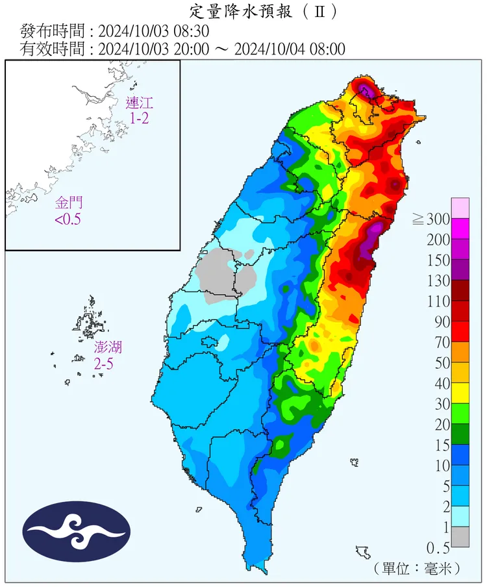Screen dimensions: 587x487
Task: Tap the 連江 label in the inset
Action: pyautogui.click(x=138, y=103)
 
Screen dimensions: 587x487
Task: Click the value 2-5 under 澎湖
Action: pyautogui.click(x=103, y=364)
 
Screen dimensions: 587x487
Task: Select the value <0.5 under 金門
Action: pyautogui.click(x=68, y=220)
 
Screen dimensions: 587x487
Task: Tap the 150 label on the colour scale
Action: pyautogui.click(x=440, y=260)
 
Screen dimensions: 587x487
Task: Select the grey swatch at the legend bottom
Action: pyautogui.click(x=460, y=536)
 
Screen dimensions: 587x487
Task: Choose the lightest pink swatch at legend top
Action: pyautogui.click(x=460, y=208)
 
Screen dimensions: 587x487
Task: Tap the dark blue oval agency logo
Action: pyautogui.click(x=76, y=532)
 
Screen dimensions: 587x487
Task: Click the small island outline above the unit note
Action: pyautogui.click(x=362, y=553)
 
